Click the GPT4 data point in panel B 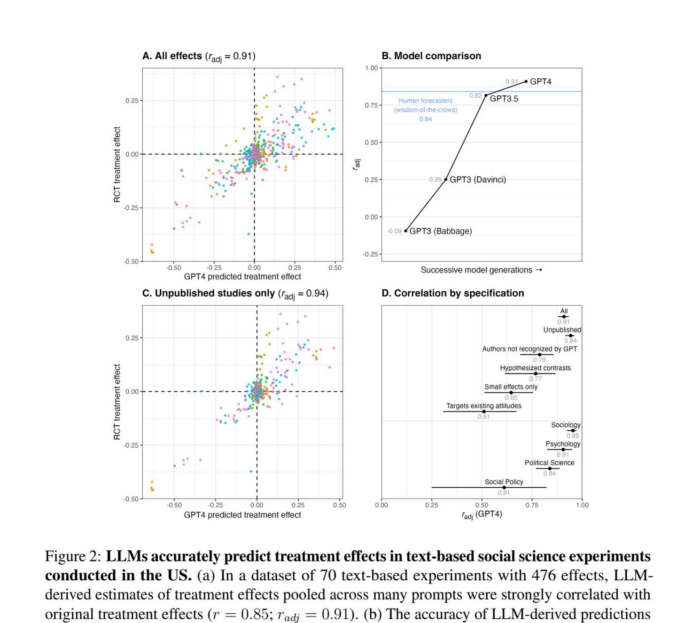click(526, 81)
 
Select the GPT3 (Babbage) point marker click(406, 231)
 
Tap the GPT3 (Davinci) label click(478, 179)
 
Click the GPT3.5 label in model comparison click(504, 99)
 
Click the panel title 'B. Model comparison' click(431, 56)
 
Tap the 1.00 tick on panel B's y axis click(371, 68)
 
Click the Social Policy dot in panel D click(504, 487)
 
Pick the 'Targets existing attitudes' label click(483, 406)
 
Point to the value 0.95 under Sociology click(573, 436)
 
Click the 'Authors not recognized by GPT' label click(529, 349)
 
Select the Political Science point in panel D click(550, 468)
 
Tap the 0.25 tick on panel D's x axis click(431, 505)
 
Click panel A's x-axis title click(242, 277)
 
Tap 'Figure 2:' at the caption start click(73, 556)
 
